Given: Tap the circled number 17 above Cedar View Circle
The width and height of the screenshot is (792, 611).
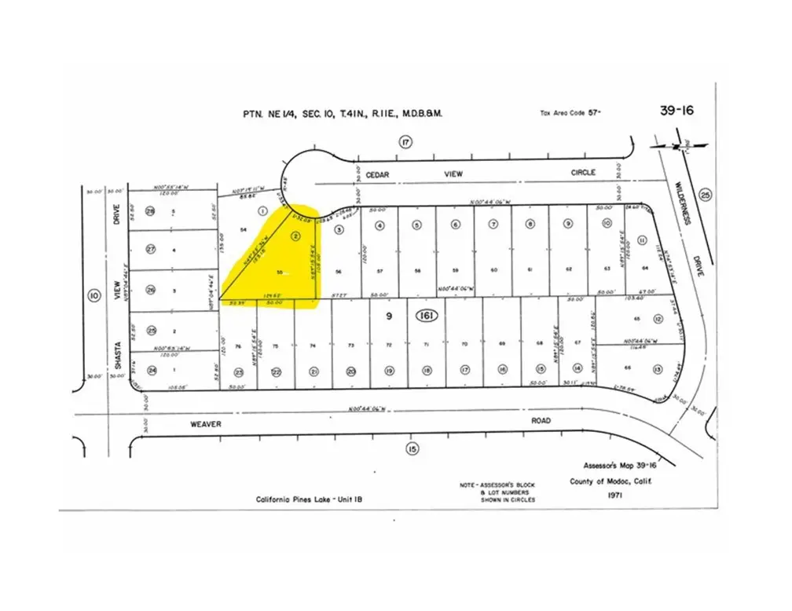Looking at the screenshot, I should tap(405, 142).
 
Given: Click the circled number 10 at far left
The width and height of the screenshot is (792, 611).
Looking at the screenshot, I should tap(94, 295).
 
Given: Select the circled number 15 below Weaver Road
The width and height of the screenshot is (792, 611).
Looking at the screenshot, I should tap(412, 448).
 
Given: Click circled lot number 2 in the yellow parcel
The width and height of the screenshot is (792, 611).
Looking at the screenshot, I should tap(295, 235).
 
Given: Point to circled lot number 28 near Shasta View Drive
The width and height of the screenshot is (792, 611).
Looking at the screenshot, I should tap(150, 211).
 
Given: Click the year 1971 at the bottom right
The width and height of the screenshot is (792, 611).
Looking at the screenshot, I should tap(614, 496).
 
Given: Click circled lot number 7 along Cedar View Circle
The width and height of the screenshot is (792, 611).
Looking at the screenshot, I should tap(493, 225).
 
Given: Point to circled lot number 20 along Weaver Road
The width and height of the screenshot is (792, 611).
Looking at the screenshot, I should tap(351, 371).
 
